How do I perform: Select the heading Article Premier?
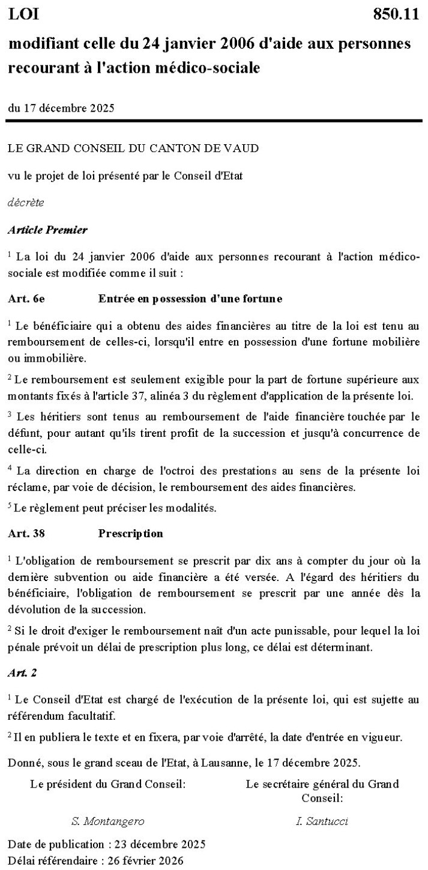click(x=47, y=230)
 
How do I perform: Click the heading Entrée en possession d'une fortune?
click(x=190, y=298)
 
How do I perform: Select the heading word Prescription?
click(x=130, y=533)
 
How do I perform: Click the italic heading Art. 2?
click(x=22, y=673)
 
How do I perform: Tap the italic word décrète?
click(x=25, y=202)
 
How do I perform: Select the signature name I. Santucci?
click(x=322, y=821)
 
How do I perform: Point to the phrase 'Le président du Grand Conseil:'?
click(x=107, y=783)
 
